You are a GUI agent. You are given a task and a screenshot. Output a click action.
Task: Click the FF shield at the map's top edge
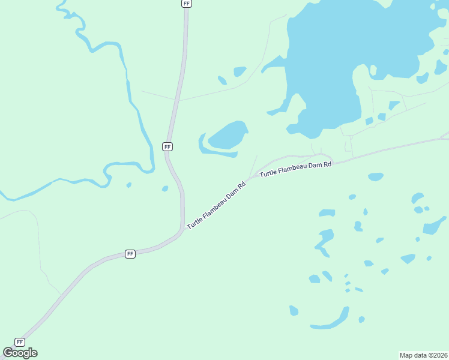(187, 3)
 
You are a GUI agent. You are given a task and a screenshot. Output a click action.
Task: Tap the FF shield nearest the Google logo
(20, 341)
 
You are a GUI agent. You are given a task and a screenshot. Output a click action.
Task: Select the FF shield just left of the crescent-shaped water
(167, 146)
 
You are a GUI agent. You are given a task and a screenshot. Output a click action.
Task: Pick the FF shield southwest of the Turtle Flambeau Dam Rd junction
(130, 254)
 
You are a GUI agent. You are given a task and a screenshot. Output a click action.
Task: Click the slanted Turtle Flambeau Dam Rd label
(217, 205)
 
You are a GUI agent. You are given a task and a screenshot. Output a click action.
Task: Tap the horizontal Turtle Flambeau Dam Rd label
(295, 169)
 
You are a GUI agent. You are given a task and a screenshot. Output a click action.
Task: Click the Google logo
(20, 353)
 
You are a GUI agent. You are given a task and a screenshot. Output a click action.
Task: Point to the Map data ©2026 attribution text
(424, 355)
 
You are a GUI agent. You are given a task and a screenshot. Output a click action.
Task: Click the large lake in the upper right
(336, 60)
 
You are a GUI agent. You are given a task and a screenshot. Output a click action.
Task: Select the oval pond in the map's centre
(228, 135)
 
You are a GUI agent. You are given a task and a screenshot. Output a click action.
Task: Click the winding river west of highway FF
(129, 90)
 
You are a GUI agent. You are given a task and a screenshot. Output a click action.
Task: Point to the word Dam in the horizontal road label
(316, 166)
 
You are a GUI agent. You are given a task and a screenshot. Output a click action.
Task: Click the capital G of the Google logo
(8, 353)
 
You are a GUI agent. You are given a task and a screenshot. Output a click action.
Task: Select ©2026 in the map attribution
(436, 355)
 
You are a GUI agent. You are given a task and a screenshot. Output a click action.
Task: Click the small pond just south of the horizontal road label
(375, 176)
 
